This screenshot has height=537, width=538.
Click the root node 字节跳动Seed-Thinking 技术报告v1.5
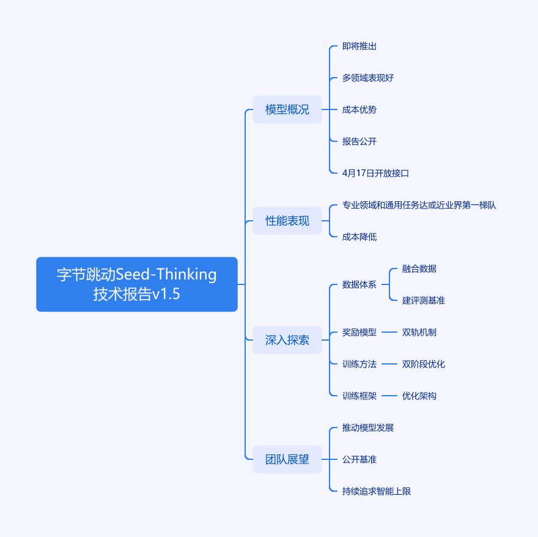tap(137, 284)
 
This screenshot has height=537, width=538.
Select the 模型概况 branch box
tap(287, 109)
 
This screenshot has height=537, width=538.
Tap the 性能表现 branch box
tap(287, 221)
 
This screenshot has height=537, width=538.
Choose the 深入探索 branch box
tap(287, 340)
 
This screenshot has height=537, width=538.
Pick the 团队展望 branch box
tap(287, 459)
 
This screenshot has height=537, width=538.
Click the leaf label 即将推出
tap(359, 46)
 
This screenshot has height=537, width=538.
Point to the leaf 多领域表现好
tap(368, 78)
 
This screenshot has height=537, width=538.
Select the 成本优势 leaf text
tap(359, 109)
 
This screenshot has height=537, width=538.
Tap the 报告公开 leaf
tap(359, 141)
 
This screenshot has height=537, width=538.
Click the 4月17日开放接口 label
tap(375, 173)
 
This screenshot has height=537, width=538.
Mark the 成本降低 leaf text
tap(359, 237)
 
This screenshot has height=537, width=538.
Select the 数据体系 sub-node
tap(359, 284)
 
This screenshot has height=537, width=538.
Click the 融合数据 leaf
tap(419, 268)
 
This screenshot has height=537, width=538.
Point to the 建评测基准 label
tap(424, 300)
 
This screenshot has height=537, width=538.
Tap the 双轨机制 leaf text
tap(419, 332)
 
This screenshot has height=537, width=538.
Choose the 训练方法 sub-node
tap(359, 364)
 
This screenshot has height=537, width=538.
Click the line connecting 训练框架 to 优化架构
tap(389, 396)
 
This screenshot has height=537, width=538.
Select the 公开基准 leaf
tap(359, 459)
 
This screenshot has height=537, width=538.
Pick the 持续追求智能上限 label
tap(377, 491)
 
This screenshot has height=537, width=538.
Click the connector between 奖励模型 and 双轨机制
tap(389, 332)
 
